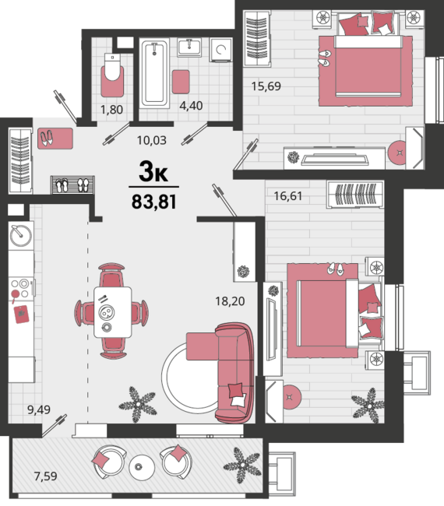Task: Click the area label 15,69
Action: [x=266, y=86]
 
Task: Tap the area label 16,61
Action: [x=288, y=195]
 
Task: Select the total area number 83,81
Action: [x=154, y=202]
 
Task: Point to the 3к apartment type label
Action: [x=153, y=171]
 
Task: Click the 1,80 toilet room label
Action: [x=111, y=110]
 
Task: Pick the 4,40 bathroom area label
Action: [x=191, y=106]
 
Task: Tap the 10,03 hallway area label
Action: [x=152, y=140]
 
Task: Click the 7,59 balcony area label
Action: [x=45, y=476]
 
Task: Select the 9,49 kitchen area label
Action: [x=39, y=409]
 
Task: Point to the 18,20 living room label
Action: [x=230, y=301]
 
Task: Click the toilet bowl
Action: [x=112, y=67]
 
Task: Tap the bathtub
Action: [x=155, y=74]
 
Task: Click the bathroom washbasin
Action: [x=189, y=47]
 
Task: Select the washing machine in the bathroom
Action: [x=221, y=50]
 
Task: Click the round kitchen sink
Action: [x=21, y=235]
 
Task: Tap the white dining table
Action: [x=113, y=312]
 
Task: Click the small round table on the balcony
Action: [x=142, y=467]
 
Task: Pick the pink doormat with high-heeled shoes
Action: [x=55, y=139]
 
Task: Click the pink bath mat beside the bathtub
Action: [x=181, y=82]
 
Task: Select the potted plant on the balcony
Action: [x=242, y=466]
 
